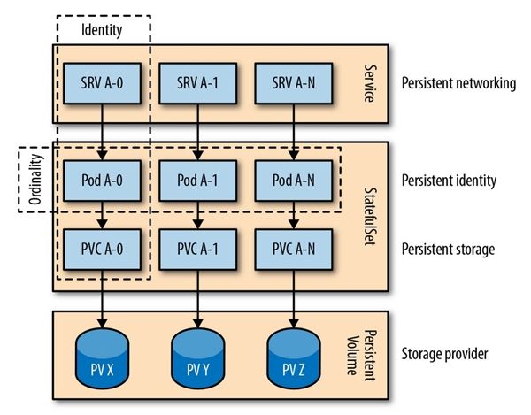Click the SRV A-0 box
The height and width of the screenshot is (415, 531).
tap(102, 83)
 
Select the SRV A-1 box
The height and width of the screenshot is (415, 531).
tap(197, 83)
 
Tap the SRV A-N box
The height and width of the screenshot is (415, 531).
tap(294, 83)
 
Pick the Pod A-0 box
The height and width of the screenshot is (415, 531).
tap(102, 181)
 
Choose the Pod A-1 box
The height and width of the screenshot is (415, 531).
tap(197, 181)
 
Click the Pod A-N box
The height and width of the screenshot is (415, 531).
tap(294, 181)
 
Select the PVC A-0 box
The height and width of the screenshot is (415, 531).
tap(102, 250)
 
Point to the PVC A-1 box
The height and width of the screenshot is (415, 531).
tap(197, 250)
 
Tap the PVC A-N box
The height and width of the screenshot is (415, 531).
tap(294, 250)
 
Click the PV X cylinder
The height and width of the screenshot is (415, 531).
tap(102, 358)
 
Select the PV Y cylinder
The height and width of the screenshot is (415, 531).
tap(197, 358)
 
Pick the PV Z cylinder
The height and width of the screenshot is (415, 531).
tap(294, 358)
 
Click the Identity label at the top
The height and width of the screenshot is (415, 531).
tap(102, 30)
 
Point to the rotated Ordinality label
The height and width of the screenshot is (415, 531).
tap(35, 180)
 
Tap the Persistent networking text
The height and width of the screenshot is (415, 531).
tap(458, 83)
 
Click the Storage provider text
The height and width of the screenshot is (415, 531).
tap(444, 354)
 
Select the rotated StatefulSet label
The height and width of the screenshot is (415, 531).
tap(370, 217)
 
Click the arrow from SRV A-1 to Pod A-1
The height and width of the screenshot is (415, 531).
tap(197, 132)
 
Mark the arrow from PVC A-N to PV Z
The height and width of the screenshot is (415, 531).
tap(294, 299)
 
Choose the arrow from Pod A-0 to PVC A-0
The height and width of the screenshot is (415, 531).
tap(102, 215)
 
